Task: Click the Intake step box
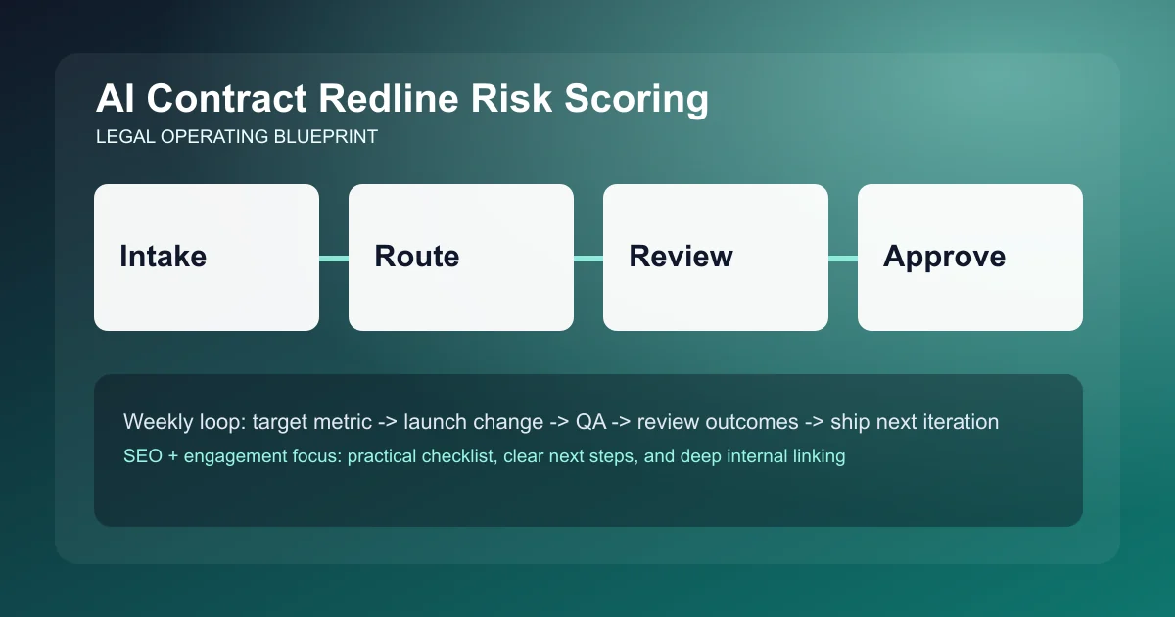tap(206, 257)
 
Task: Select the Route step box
tap(460, 257)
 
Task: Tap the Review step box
tap(715, 257)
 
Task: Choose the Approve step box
tap(969, 257)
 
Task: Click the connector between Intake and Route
tap(334, 258)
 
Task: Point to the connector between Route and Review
tap(588, 258)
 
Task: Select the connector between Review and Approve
tap(843, 258)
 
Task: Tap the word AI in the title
tap(115, 101)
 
